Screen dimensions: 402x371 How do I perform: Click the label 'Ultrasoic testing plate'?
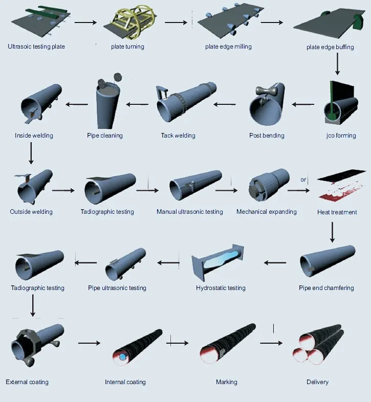pos(36,47)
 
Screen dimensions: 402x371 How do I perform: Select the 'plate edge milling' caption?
pos(228,47)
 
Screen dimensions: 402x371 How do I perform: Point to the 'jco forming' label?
pos(341,136)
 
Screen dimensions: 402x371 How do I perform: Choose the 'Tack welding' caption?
pos(178,136)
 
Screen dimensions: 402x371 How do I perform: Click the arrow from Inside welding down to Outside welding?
pos(31,153)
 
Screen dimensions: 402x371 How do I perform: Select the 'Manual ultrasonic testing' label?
pos(190,212)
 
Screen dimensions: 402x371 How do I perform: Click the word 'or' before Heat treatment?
pos(303,180)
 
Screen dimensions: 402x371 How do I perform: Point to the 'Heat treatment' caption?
pos(337,212)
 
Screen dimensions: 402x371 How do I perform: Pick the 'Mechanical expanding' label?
pos(267,212)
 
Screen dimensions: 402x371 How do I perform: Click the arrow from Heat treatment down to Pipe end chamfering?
pos(332,231)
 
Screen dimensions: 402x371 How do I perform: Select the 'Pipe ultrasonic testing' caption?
pos(117,288)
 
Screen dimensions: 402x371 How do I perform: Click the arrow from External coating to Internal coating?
pos(90,343)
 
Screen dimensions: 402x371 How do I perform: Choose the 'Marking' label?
pos(227,382)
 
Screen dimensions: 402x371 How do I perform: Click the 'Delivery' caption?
pos(317,382)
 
